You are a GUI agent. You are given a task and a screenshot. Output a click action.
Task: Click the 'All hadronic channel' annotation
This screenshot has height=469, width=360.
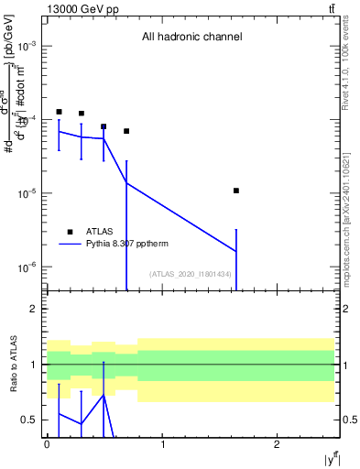[191, 38]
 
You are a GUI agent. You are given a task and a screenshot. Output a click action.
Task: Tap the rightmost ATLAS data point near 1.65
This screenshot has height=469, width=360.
[236, 191]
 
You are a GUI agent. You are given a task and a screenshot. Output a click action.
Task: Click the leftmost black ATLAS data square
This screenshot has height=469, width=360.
[59, 112]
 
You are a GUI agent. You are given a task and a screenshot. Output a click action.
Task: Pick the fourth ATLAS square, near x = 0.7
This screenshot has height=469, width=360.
[126, 131]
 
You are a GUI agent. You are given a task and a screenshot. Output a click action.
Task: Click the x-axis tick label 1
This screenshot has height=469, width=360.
[162, 444]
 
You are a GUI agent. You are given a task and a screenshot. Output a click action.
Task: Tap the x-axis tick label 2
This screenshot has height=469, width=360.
[278, 444]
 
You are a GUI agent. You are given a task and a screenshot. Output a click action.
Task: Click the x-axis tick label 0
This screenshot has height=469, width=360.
[47, 444]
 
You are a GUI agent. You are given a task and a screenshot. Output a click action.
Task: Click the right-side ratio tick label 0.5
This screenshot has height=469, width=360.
[345, 420]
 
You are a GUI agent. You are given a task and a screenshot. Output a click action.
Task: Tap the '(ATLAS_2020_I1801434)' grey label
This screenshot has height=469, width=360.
[191, 274]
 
